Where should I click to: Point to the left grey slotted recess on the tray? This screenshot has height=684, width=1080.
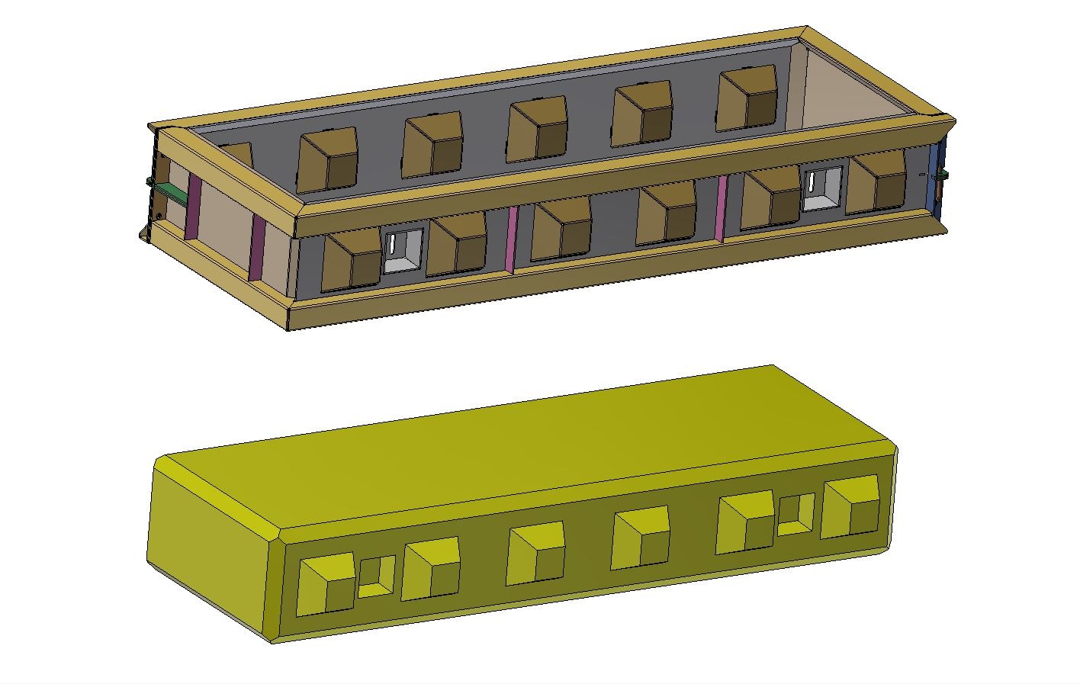[401, 250]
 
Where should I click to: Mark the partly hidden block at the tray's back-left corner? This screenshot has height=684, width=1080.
[238, 154]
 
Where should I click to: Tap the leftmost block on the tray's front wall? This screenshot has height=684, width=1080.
[352, 259]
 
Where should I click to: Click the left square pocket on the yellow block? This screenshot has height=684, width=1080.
[376, 577]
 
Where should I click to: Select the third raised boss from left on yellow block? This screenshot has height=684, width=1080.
[535, 554]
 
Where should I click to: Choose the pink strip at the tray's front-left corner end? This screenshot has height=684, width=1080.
[258, 248]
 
